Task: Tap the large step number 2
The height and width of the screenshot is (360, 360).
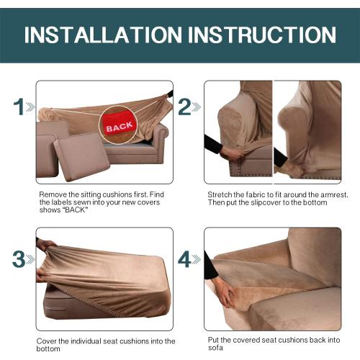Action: (x=185, y=108)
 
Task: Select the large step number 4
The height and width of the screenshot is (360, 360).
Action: (x=185, y=259)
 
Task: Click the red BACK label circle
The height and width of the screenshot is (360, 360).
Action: (x=119, y=127)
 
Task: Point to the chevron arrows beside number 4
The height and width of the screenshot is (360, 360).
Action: (x=197, y=260)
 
